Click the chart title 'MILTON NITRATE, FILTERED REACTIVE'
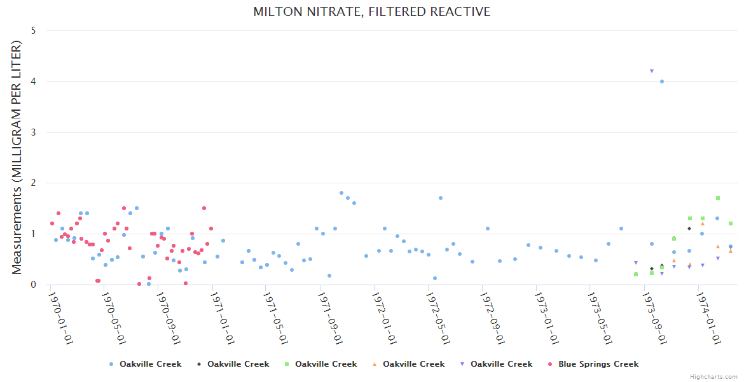click(x=371, y=12)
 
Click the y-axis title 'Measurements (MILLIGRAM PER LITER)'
click(x=17, y=157)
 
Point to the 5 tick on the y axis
click(x=33, y=31)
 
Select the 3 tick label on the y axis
click(x=33, y=132)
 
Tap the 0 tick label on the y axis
click(x=33, y=285)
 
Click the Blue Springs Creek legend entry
click(x=598, y=364)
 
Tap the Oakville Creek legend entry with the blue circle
click(x=150, y=364)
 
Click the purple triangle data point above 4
click(x=652, y=71)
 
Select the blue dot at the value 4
click(x=662, y=81)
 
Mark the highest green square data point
click(x=718, y=198)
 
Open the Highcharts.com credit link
click(x=713, y=377)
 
